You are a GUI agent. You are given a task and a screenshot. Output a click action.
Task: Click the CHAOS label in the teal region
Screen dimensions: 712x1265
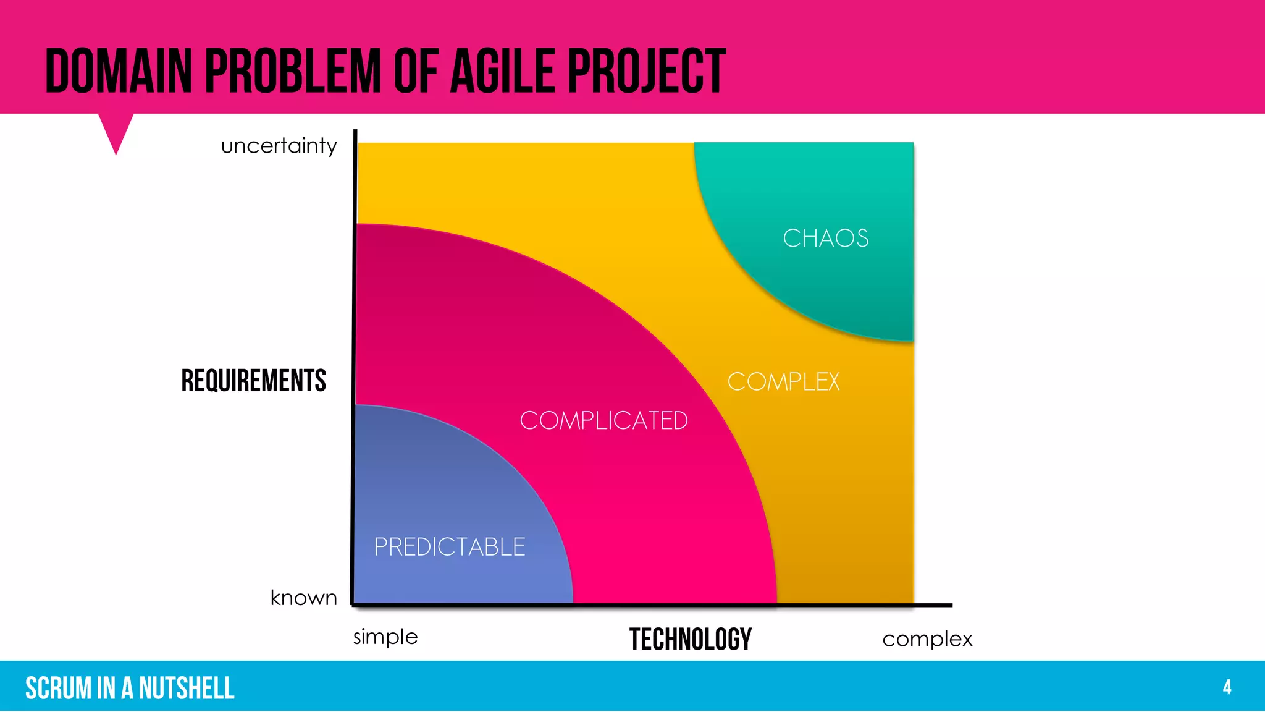(x=825, y=239)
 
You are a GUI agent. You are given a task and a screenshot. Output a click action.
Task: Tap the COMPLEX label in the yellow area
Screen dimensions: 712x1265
(x=783, y=382)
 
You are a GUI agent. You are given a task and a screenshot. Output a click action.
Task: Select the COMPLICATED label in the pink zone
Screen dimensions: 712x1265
(x=603, y=421)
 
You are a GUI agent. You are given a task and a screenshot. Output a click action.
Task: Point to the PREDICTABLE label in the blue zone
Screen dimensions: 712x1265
(x=450, y=547)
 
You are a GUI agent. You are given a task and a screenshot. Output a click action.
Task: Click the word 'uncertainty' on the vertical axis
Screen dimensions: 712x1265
(x=279, y=146)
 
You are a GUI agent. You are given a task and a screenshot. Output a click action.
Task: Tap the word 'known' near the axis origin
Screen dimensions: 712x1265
(x=304, y=598)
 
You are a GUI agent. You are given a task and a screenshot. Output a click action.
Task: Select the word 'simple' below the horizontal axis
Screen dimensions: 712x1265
(x=385, y=637)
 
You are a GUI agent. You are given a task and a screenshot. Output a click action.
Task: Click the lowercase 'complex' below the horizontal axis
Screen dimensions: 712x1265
(x=927, y=639)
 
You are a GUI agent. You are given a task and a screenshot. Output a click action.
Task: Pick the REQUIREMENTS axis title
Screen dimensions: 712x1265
(x=253, y=381)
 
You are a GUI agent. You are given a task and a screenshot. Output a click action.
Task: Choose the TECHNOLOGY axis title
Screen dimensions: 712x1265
(x=691, y=639)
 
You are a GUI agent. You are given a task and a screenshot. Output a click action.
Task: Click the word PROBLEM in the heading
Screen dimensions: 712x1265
(x=293, y=72)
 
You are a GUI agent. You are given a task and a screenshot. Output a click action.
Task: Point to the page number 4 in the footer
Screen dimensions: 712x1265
(x=1227, y=687)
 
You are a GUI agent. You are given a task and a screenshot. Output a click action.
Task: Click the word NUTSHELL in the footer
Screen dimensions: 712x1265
(x=187, y=688)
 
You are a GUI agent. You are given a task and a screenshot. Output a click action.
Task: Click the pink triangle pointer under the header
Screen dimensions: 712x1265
(x=116, y=130)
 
